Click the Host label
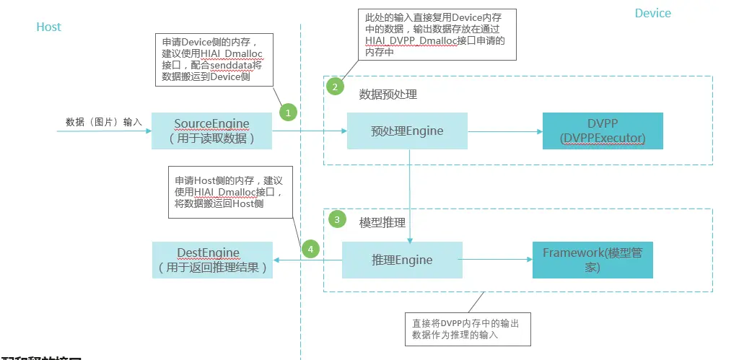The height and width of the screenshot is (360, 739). click(48, 27)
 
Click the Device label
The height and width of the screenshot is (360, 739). click(652, 14)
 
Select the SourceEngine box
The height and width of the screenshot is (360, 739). click(211, 131)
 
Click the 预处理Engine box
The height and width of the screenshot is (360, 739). click(407, 131)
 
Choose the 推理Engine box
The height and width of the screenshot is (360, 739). click(402, 260)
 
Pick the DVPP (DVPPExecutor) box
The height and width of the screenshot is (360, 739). click(603, 131)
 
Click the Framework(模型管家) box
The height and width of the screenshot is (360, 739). click(592, 260)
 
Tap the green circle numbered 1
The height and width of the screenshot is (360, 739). click(289, 113)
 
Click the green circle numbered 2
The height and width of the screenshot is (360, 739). click(334, 87)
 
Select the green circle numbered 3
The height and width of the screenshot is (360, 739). click(336, 219)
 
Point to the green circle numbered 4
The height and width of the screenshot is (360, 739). click(310, 250)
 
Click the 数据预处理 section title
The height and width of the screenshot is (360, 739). click(388, 95)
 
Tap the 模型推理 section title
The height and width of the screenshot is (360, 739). click(382, 222)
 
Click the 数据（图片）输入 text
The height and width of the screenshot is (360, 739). click(104, 122)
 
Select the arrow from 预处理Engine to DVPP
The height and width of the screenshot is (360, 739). click(504, 131)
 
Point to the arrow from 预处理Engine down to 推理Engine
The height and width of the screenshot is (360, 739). click(411, 195)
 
